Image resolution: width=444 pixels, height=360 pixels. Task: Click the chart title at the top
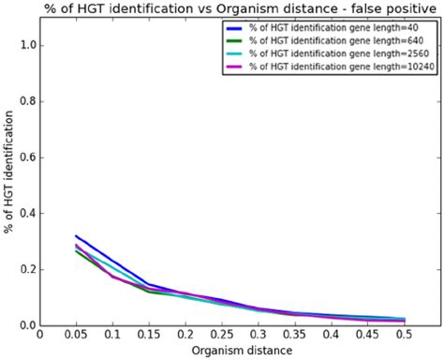tap(222, 8)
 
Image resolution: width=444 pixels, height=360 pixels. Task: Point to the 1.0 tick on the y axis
tap(26, 45)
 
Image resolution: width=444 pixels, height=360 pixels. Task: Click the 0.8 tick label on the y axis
tap(26, 101)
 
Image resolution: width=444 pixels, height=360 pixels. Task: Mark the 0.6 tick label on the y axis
tap(26, 157)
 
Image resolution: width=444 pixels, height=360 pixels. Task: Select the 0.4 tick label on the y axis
tap(26, 214)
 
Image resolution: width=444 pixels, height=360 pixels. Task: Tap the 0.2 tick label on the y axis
tap(26, 270)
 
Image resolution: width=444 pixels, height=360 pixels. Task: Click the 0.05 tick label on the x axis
tap(76, 334)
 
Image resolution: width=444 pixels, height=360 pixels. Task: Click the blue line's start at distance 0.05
tap(76, 236)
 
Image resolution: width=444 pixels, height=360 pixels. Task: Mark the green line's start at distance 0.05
tap(76, 250)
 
